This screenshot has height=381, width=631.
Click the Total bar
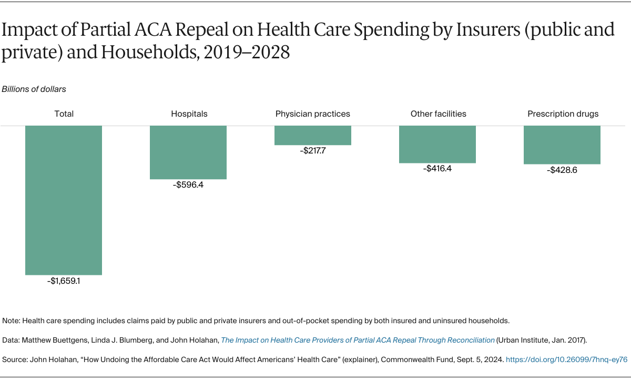64,200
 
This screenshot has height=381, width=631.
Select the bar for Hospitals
188,152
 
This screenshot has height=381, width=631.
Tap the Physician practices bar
312,135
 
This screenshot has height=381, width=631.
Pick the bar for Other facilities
437,145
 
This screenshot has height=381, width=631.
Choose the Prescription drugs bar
562,145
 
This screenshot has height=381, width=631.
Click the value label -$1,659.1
64,281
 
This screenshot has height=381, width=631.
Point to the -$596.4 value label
188,185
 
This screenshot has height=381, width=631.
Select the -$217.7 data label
312,151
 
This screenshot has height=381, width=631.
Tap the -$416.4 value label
437,169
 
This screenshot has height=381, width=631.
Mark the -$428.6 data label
562,170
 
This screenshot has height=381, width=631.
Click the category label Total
64,114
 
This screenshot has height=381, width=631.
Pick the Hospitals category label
189,114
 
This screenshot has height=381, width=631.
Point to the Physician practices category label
312,114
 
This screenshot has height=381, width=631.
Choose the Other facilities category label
438,114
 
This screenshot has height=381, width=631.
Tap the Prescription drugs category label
563,114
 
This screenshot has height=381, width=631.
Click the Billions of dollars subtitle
34,89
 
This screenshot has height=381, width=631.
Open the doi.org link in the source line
566,359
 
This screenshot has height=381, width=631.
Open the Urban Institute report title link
358,340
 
